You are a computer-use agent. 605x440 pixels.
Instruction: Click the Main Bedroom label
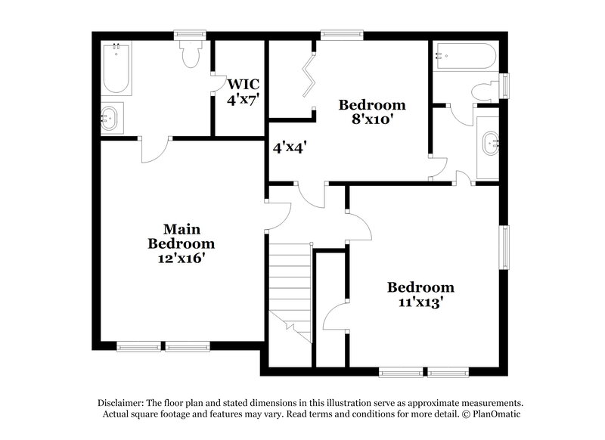tap(181, 236)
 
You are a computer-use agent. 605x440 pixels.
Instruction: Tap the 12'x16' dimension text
tap(181, 258)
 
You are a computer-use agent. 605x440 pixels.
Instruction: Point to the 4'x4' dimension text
tap(290, 147)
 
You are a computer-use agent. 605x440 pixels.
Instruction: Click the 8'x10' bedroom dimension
tap(371, 119)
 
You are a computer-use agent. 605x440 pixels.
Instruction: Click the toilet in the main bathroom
tap(190, 53)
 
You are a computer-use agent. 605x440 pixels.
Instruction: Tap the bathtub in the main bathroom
tap(116, 68)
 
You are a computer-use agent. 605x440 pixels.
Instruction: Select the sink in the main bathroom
tap(111, 119)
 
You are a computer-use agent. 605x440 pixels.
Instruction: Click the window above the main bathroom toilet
tap(190, 34)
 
